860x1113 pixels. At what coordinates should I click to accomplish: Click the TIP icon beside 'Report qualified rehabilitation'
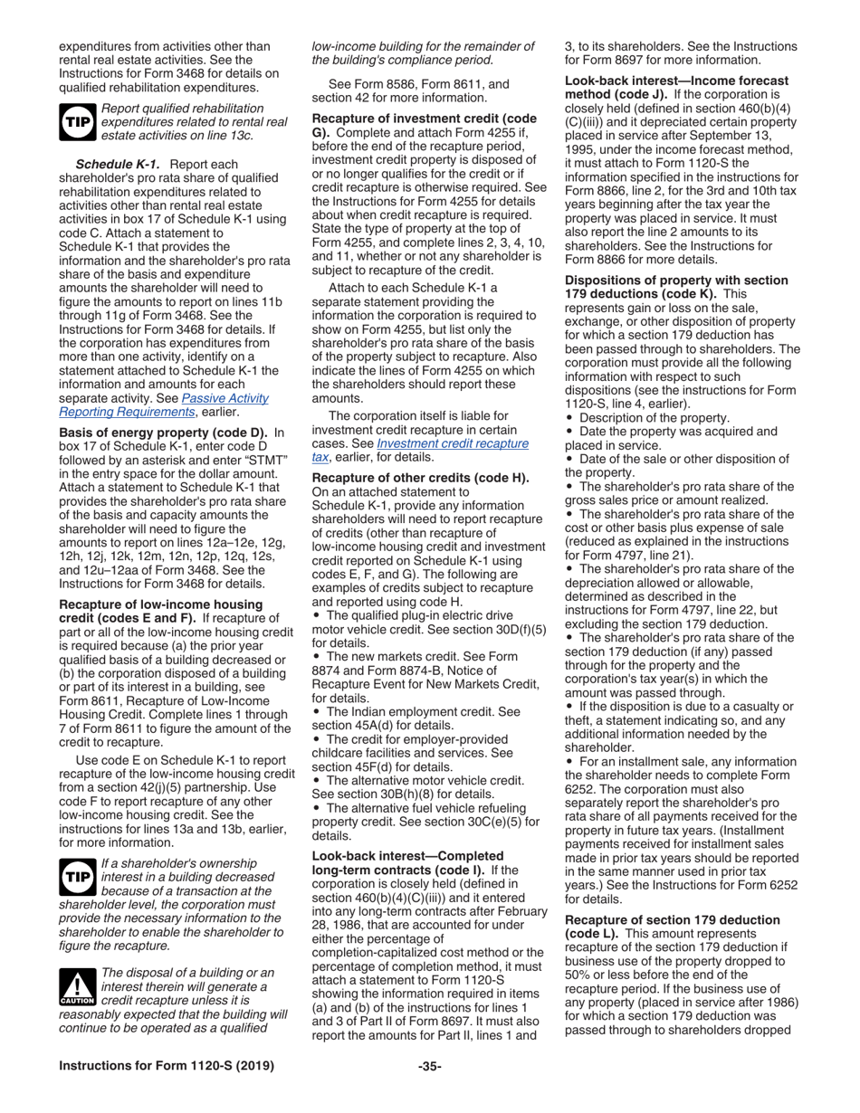click(x=77, y=122)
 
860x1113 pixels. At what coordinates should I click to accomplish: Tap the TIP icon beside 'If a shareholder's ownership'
click(x=77, y=877)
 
